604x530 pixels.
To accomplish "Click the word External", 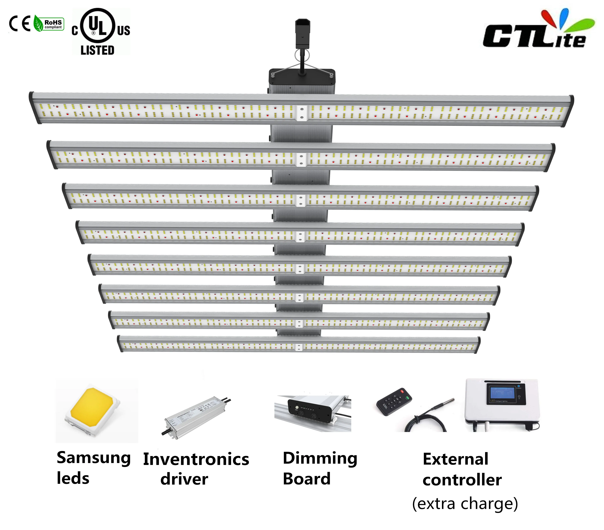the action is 455,459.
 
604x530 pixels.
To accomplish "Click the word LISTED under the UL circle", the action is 98,50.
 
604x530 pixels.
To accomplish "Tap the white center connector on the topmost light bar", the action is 301,113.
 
